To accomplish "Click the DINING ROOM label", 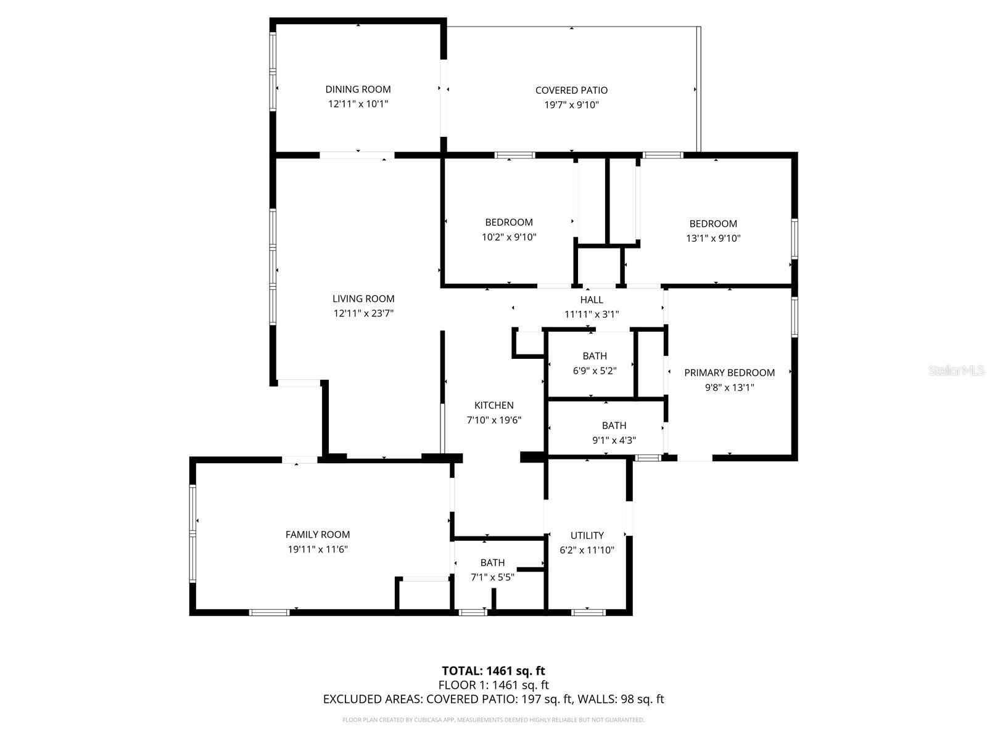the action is point(358,89).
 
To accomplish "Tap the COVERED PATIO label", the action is point(571,90).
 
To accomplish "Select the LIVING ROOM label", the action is point(363,299).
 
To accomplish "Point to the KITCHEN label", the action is point(493,405).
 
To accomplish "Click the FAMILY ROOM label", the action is point(318,535).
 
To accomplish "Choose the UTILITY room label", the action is point(587,535).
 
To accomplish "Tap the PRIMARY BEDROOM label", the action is point(729,373).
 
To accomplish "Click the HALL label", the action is point(592,300).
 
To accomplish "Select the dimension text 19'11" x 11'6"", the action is point(318,549).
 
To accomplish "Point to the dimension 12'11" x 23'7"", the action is point(363,313).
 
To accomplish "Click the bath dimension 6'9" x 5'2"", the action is point(595,371).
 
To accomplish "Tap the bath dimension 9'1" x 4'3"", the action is point(614,440).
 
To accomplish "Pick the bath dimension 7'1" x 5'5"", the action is point(492,577).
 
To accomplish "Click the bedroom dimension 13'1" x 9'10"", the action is point(712,238).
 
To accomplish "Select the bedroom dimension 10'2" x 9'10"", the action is point(509,237).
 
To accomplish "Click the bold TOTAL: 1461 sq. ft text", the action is point(493,671).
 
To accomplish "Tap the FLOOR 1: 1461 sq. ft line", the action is point(493,684).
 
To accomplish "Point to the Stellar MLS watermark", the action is point(956,370).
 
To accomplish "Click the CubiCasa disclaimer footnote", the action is point(493,720).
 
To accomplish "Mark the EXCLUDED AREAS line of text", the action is point(493,699).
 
